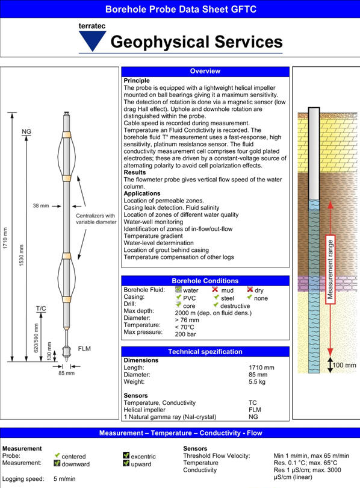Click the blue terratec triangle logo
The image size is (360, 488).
[x=92, y=40]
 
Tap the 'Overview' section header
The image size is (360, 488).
[x=205, y=71]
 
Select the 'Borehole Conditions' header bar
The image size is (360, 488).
[x=205, y=281]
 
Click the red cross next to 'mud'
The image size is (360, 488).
[x=215, y=289]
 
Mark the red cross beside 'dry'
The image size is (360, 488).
[x=250, y=289]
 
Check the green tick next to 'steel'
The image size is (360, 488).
[x=216, y=297]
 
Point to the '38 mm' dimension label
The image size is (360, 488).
[x=41, y=205]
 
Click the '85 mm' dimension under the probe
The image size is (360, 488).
[x=67, y=373]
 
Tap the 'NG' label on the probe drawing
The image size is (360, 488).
[x=26, y=131]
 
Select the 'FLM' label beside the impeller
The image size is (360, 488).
[x=84, y=349]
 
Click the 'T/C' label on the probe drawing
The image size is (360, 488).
[x=41, y=308]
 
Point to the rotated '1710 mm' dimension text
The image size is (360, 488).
[x=5, y=238]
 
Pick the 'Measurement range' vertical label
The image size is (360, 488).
[x=331, y=269]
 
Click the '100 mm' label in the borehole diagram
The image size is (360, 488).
[x=344, y=365]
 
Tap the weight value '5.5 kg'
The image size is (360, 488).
[x=257, y=382]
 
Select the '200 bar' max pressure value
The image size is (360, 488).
[x=185, y=334]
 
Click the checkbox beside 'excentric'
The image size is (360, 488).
[x=126, y=455]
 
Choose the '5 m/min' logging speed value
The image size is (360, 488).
[x=64, y=479]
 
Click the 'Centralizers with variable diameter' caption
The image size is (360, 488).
[x=96, y=219]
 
